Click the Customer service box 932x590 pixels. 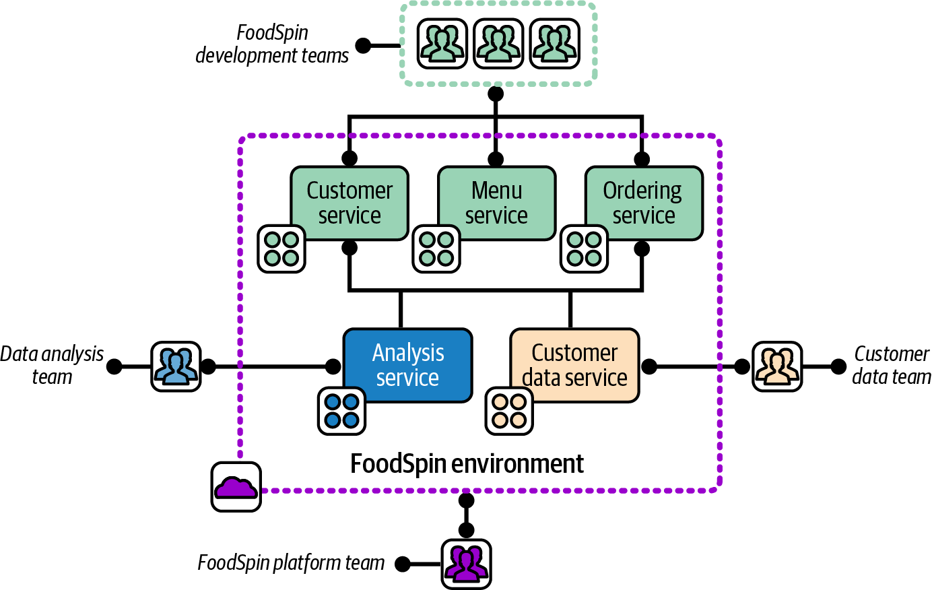tap(349, 203)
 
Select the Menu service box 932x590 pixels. tap(497, 203)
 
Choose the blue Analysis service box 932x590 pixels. tap(408, 365)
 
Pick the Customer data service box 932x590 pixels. tap(574, 365)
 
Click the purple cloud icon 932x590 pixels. tap(236, 486)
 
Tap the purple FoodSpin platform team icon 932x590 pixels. tap(466, 563)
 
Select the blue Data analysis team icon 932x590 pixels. tap(176, 366)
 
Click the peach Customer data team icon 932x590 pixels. tap(777, 366)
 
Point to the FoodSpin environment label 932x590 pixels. tap(467, 463)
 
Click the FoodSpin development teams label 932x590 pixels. tap(272, 44)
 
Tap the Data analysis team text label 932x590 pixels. tap(52, 365)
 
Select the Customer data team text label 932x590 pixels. tap(892, 365)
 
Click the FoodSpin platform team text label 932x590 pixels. tap(291, 562)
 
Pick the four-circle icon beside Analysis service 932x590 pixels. tap(341, 411)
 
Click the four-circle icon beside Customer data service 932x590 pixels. tap(509, 411)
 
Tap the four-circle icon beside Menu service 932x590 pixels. tap(436, 249)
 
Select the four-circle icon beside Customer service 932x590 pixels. tap(281, 249)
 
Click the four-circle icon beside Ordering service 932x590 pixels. tap(584, 249)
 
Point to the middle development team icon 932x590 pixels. tap(498, 44)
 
